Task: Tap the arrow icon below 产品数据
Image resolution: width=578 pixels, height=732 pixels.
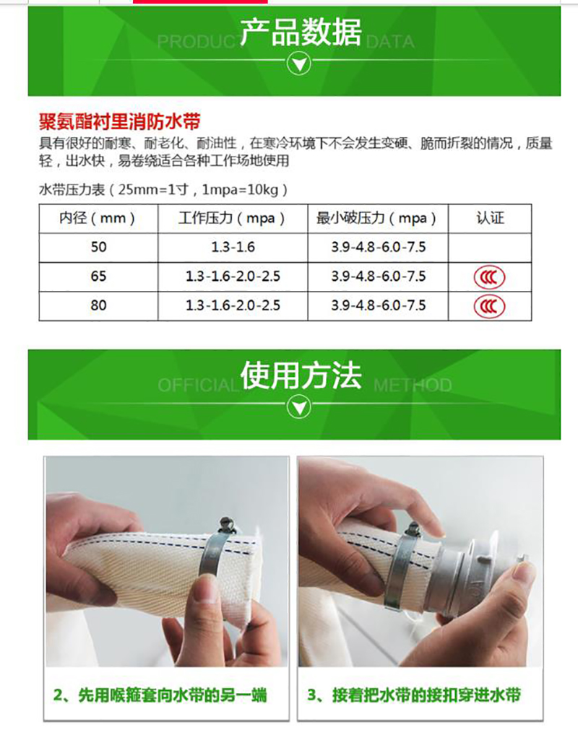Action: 299,64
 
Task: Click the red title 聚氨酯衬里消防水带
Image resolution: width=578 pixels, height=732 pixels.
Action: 120,122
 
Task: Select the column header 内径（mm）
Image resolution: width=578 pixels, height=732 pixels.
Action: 98,218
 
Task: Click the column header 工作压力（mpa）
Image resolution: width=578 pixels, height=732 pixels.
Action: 232,218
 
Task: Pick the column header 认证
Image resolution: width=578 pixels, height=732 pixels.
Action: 490,217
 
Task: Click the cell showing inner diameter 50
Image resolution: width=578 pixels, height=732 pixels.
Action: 98,247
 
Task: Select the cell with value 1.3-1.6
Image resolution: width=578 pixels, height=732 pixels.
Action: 233,247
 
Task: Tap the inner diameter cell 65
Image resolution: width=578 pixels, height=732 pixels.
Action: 98,276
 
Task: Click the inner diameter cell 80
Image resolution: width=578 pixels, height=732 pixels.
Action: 98,305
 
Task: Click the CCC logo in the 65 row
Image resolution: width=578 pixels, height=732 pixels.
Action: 490,277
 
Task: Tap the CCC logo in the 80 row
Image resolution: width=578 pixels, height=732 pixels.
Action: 490,306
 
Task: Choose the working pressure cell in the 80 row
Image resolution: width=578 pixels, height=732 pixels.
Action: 233,305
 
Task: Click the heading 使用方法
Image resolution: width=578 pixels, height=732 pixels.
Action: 301,376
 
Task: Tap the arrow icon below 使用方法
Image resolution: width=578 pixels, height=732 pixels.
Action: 299,407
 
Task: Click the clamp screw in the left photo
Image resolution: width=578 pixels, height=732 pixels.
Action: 227,526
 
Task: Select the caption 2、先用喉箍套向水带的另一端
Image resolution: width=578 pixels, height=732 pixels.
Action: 160,695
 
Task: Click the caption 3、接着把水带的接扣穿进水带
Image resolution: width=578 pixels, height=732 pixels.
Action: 414,695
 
